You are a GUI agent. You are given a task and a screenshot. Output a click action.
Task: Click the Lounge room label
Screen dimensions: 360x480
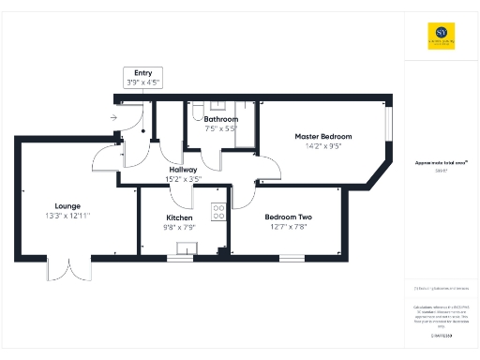(x=67, y=206)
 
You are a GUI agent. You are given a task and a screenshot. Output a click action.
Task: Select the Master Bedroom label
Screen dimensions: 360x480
(x=322, y=136)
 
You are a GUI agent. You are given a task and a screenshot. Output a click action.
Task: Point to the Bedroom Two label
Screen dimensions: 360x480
(x=288, y=217)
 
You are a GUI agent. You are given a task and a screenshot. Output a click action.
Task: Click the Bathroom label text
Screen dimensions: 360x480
(x=222, y=119)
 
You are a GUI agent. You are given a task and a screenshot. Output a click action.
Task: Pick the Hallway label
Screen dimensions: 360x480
(x=183, y=169)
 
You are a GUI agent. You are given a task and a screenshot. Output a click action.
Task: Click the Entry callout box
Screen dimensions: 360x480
(x=143, y=77)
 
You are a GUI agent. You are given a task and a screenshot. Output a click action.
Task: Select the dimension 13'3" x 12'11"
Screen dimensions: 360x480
(x=67, y=216)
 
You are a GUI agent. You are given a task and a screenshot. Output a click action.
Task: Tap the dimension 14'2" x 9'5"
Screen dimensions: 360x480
(x=322, y=145)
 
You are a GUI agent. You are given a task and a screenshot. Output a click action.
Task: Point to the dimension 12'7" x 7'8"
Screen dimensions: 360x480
(x=288, y=227)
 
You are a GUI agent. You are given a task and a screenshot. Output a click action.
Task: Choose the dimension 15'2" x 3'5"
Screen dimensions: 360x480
(x=183, y=178)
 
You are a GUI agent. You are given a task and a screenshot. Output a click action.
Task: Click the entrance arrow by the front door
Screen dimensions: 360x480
(x=112, y=118)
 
